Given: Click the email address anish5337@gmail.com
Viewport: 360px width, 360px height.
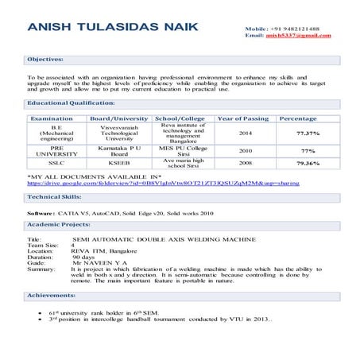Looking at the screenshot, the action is [x=297, y=36].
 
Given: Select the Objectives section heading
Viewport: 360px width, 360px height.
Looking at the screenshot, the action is [x=46, y=59].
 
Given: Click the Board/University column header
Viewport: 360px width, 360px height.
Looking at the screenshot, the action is [x=119, y=118].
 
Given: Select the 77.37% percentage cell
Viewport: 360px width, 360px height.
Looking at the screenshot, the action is [x=308, y=133].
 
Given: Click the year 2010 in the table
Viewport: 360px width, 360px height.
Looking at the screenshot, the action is [x=246, y=150].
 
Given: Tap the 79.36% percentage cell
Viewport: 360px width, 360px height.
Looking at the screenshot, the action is [x=308, y=163].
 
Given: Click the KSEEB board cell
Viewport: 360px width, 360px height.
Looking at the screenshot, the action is [x=119, y=163].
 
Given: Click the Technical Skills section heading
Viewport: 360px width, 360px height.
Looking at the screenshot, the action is [x=53, y=196].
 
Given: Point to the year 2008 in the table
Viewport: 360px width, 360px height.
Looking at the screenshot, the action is [x=246, y=163].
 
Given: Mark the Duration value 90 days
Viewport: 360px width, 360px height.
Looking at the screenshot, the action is [x=83, y=257].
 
